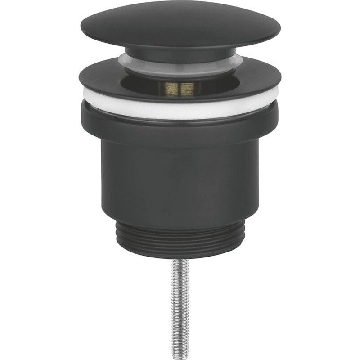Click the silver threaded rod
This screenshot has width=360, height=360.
[x=180, y=306]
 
